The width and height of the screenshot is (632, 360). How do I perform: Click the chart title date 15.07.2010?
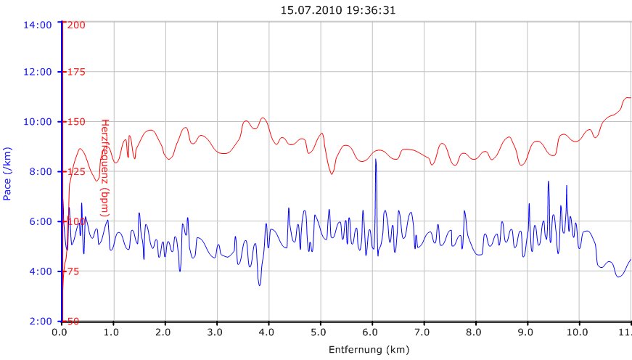[305, 10]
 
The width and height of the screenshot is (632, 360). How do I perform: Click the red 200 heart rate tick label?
[76, 25]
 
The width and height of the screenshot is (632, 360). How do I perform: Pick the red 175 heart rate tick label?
[76, 72]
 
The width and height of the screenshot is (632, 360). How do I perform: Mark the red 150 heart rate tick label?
[76, 121]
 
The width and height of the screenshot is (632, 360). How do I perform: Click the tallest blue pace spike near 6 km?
[375, 160]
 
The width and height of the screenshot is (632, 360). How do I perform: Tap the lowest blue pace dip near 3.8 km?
[259, 285]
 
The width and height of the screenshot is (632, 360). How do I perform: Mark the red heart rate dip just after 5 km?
[332, 173]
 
